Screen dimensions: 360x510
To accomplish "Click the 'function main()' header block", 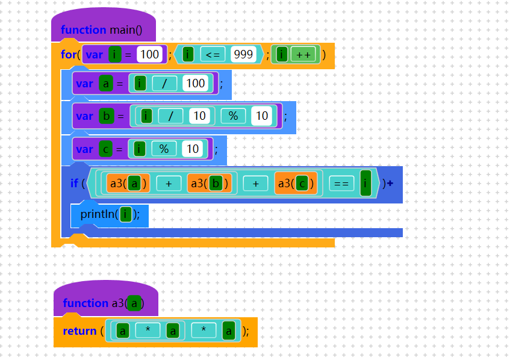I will coord(102,29).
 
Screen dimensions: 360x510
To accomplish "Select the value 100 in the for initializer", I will coord(149,55).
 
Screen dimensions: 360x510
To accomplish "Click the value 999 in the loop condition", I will coord(243,55).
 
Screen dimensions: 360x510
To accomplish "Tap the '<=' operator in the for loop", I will coord(213,55).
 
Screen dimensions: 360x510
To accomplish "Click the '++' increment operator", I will coord(303,55).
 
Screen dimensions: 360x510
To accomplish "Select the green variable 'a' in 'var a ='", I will coord(106,83).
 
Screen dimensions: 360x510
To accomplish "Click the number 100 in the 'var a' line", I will coord(196,83).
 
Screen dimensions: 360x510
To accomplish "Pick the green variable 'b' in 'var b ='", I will coord(106,116).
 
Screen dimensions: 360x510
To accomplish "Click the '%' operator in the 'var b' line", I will coord(233,116).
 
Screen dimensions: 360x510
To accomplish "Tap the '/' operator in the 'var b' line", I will coord(171,116).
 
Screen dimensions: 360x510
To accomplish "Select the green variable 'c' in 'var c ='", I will coord(106,148).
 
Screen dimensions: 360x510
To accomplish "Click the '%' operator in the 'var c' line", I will coord(164,148).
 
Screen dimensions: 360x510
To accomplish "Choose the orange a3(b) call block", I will coord(209,183).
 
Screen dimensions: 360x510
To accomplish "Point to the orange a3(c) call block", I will coord(296,183).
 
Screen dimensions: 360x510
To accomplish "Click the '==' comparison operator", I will coord(341,183).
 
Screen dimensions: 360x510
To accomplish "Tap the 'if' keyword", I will coord(74,183).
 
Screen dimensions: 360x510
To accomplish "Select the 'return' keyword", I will coord(79,331).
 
